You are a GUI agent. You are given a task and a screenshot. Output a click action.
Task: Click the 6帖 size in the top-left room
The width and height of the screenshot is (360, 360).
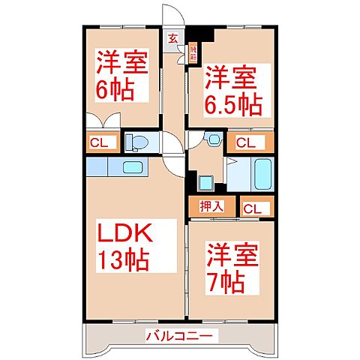click(x=114, y=89)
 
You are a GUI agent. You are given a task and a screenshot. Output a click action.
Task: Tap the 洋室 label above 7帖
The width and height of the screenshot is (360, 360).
click(x=234, y=255)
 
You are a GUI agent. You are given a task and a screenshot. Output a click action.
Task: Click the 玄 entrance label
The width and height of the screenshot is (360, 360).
click(x=172, y=39)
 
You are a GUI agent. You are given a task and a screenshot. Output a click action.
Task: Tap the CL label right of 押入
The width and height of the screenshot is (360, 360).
click(x=253, y=208)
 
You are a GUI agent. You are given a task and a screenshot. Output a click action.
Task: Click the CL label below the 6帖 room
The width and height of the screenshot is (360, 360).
click(x=100, y=141)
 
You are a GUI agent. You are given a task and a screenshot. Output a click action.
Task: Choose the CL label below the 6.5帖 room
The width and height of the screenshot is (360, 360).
click(x=245, y=141)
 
